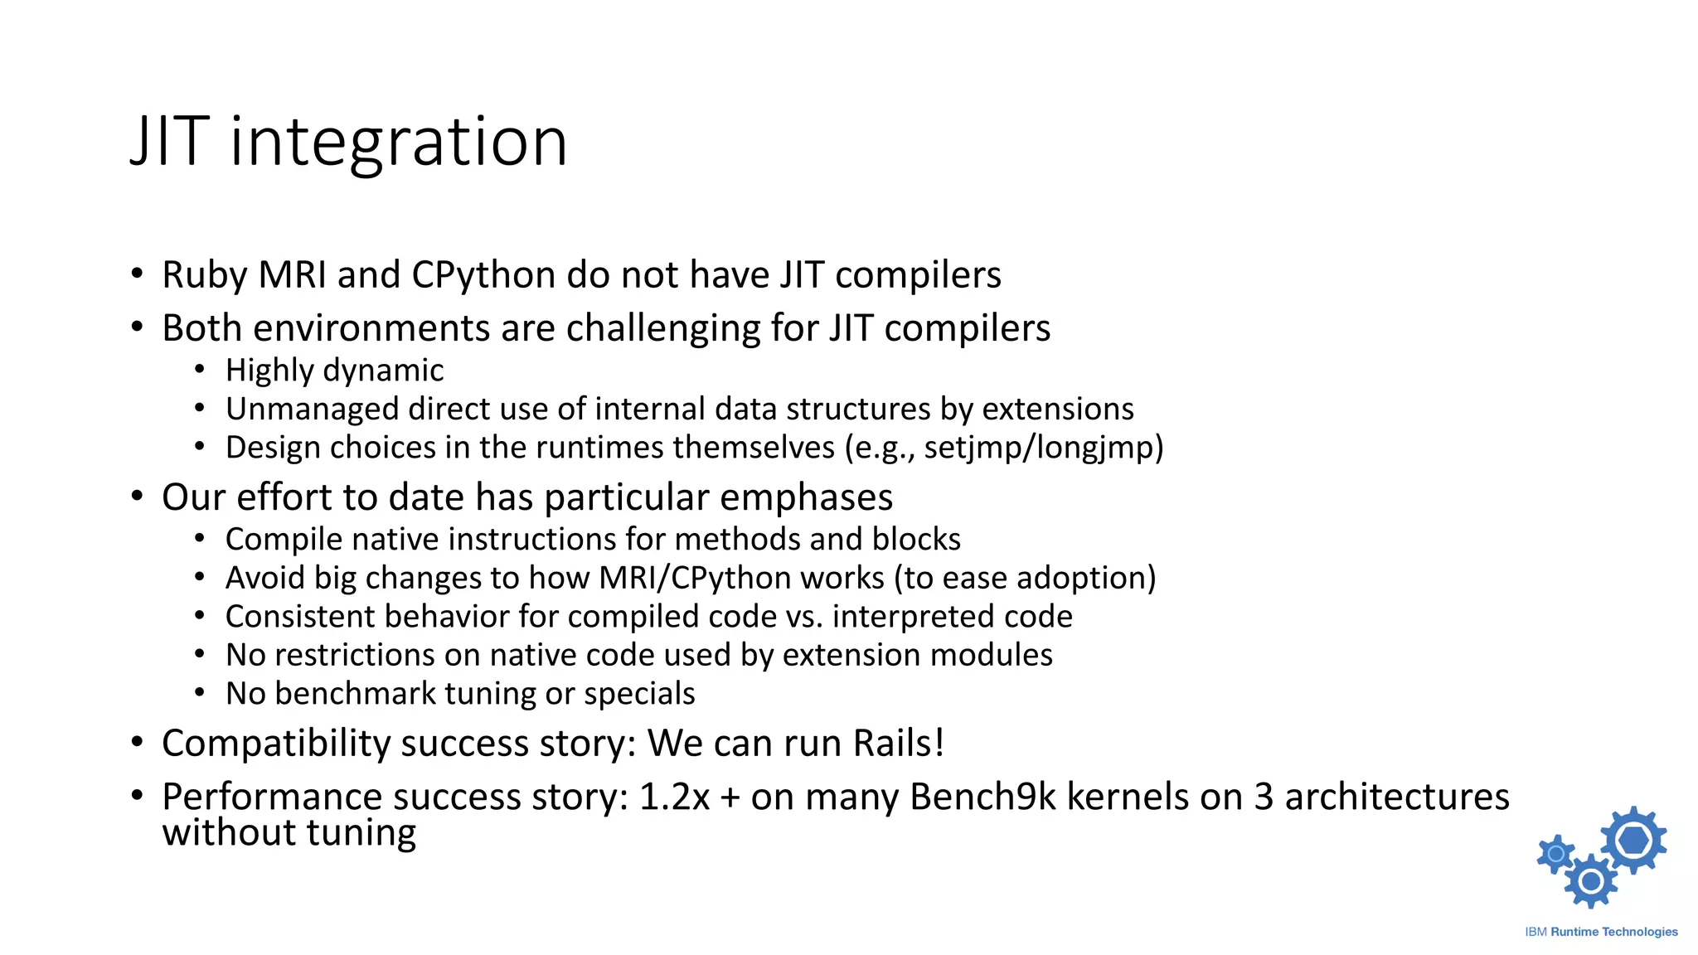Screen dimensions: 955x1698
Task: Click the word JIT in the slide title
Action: (x=169, y=143)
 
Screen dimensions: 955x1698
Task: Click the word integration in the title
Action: (x=398, y=143)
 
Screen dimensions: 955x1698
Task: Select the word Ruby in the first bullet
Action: (x=204, y=275)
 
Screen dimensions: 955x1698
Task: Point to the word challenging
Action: (x=663, y=328)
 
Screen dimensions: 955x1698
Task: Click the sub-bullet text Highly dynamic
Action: (x=334, y=371)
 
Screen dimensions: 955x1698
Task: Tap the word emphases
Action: (x=806, y=497)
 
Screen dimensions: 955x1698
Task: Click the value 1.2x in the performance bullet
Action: (x=674, y=797)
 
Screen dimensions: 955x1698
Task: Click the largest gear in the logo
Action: (x=1633, y=840)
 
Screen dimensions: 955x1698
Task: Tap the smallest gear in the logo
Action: (x=1555, y=854)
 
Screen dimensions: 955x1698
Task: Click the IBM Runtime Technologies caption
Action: (x=1601, y=932)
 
